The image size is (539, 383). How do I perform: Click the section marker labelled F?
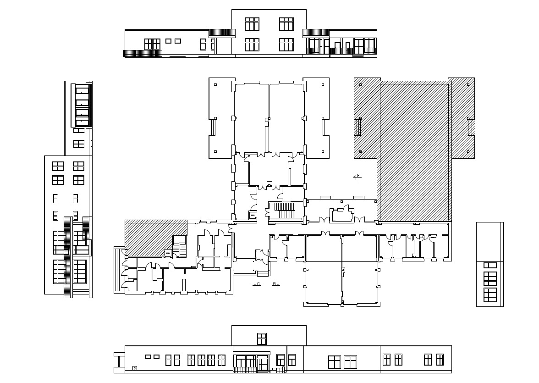[x=357, y=176]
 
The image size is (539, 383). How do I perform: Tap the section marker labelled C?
[x=257, y=285]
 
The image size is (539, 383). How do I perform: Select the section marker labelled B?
[x=275, y=285]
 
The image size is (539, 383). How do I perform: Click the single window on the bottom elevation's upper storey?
[x=262, y=339]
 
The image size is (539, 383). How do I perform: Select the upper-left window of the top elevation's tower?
[x=252, y=24]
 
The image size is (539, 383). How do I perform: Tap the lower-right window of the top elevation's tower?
[x=286, y=44]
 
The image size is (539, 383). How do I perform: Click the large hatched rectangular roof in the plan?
[x=414, y=151]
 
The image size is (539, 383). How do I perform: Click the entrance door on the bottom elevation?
[x=263, y=362]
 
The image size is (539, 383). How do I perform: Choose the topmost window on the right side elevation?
[x=490, y=265]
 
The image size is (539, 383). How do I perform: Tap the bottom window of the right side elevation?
[x=490, y=295]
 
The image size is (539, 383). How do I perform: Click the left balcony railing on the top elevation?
[x=222, y=33]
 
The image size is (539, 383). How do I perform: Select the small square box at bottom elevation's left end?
[x=134, y=368]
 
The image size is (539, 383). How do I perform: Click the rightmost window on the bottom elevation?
[x=440, y=360]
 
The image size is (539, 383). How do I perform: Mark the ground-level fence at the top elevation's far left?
[x=143, y=53]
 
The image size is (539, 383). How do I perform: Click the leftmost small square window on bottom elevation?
[x=148, y=356]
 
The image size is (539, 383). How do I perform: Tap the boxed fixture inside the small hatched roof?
[x=168, y=252]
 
